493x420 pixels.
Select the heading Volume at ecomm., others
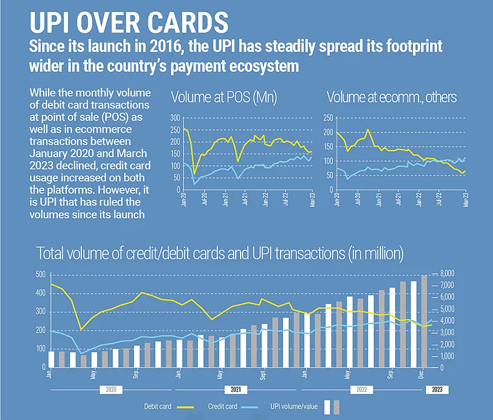(391, 97)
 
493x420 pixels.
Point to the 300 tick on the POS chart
(175, 117)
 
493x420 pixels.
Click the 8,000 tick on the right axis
(446, 273)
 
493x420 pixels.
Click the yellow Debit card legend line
(185, 406)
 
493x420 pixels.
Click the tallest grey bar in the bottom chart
(424, 321)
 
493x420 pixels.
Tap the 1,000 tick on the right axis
(446, 356)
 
